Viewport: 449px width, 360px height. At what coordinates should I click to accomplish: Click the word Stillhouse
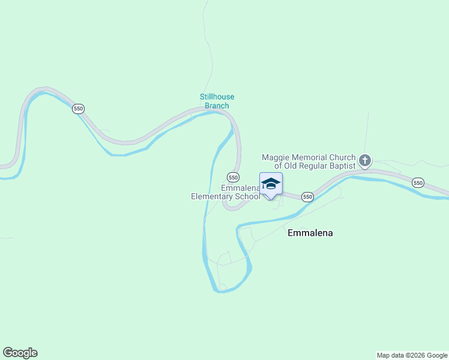click(217, 97)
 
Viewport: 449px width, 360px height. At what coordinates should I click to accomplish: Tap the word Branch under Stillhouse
click(217, 106)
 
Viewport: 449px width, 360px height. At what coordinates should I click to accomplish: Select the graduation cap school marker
click(271, 184)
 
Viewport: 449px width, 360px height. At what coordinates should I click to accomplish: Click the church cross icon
click(365, 160)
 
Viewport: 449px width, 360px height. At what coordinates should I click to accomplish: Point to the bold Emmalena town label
click(310, 233)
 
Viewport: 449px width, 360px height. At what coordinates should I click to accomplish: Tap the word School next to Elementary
click(247, 196)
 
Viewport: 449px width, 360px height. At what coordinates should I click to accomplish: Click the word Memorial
click(307, 157)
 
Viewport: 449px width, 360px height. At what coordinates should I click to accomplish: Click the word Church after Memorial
click(342, 157)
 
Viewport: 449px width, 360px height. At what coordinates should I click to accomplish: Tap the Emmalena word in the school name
click(240, 188)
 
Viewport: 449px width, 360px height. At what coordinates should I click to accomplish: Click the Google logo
click(20, 353)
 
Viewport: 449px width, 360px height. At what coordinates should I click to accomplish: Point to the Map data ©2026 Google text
click(412, 355)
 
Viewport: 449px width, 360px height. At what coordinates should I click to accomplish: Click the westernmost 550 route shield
click(78, 109)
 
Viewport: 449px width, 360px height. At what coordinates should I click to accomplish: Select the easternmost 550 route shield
click(418, 182)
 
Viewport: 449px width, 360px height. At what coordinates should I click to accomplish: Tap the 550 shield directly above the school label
click(233, 177)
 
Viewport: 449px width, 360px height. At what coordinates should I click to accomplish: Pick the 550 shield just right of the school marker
click(307, 197)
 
